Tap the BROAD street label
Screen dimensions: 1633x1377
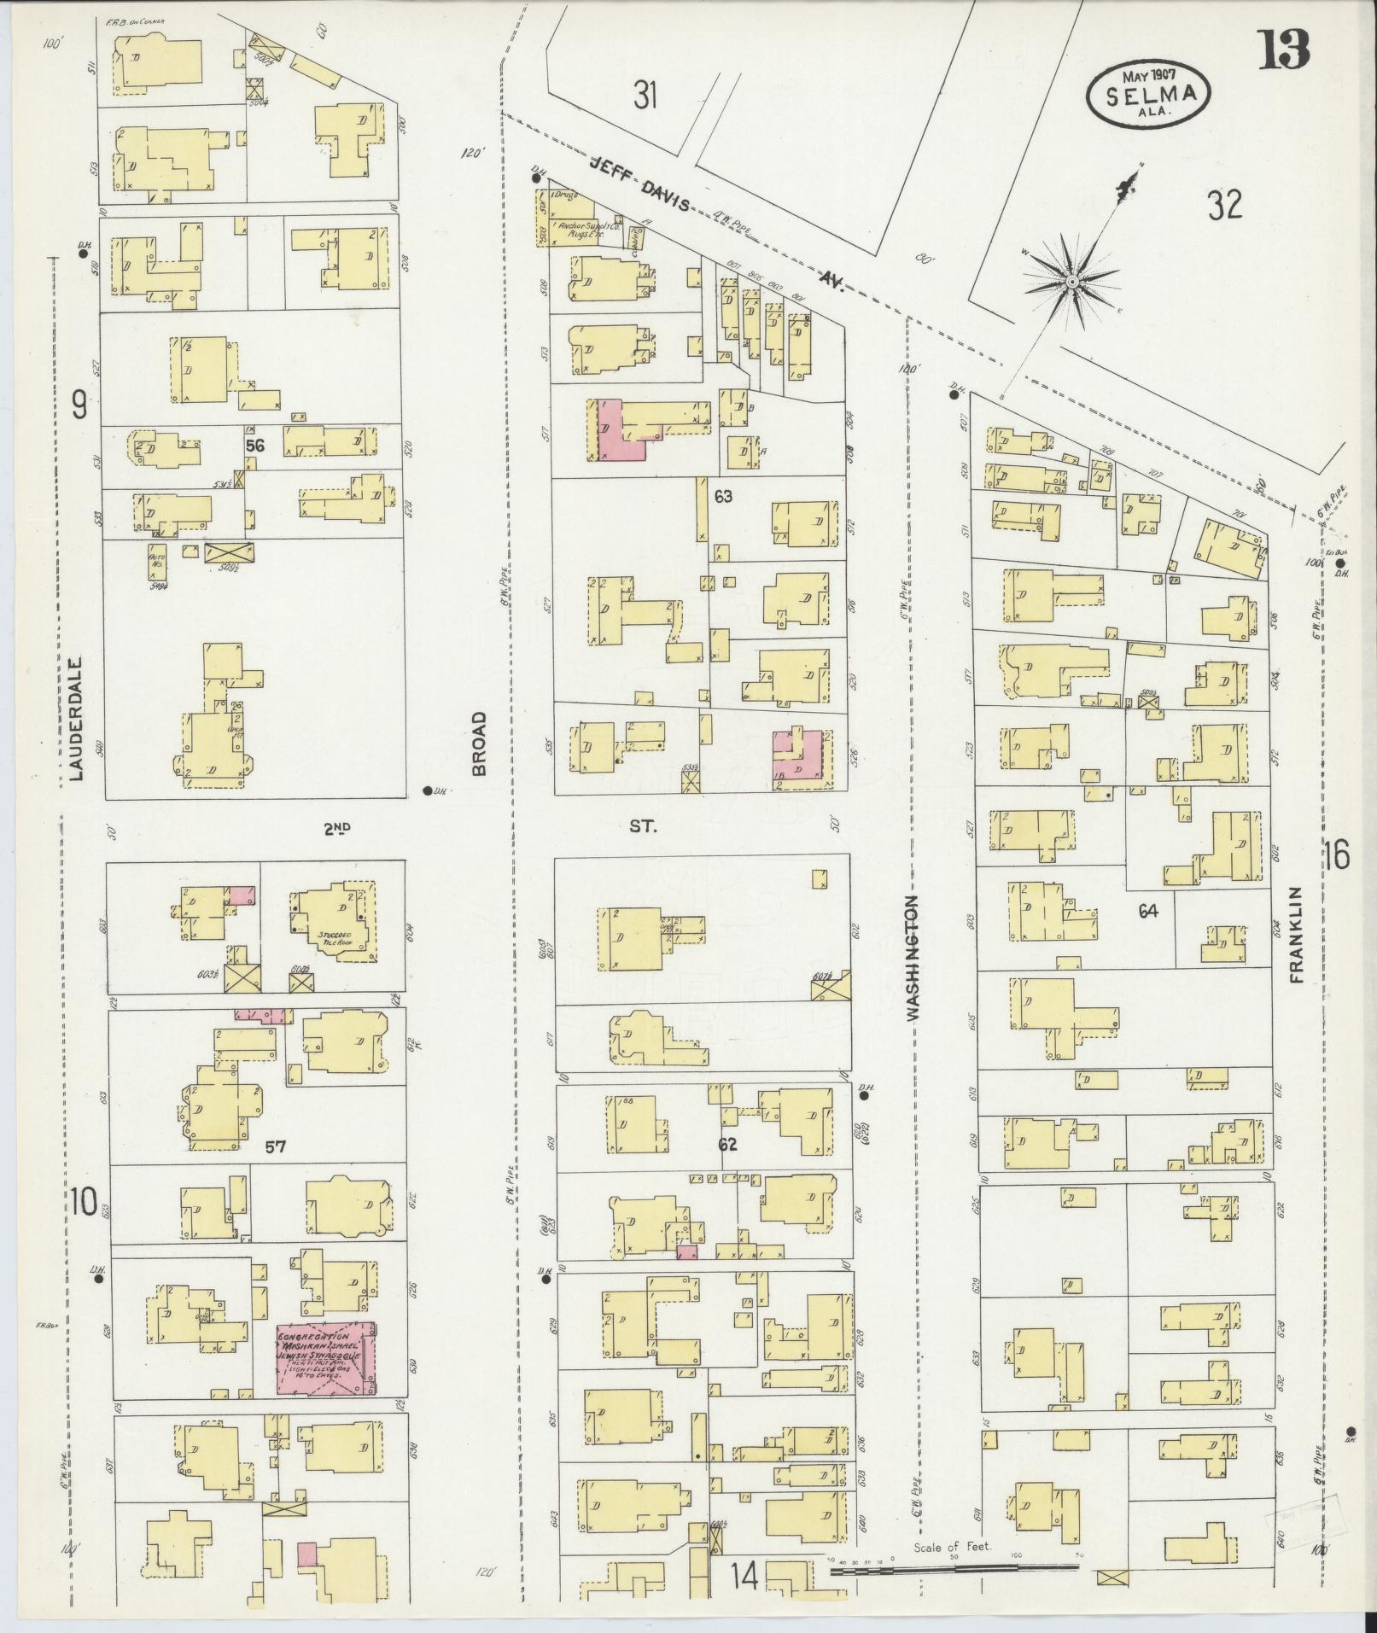click(x=479, y=744)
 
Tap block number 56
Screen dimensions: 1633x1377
click(x=254, y=445)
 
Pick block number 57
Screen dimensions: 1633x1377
click(x=274, y=1148)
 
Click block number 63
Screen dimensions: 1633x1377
click(x=723, y=496)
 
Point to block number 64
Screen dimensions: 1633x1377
click(x=1147, y=912)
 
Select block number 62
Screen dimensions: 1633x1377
click(x=727, y=1144)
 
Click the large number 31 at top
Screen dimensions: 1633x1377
click(x=645, y=95)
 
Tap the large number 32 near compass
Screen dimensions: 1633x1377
click(x=1224, y=205)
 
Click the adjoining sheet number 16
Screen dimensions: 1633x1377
click(x=1338, y=854)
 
